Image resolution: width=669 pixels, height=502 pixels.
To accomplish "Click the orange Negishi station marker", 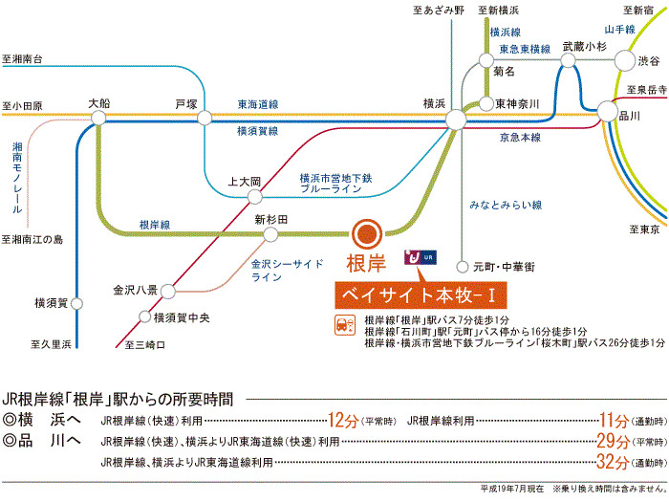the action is point(367,234).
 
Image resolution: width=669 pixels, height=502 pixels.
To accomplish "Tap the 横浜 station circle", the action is point(456,120).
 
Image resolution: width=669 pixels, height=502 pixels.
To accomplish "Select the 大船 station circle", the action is point(98,118).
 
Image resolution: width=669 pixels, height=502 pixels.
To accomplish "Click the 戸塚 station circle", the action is point(205,118).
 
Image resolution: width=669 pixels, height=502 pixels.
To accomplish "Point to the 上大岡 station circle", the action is point(255,197).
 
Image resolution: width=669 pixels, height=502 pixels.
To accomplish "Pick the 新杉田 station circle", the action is point(270,234).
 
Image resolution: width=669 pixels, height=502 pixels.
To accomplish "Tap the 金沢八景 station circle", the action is point(167,292).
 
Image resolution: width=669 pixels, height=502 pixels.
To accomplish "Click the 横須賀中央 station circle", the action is point(145,316).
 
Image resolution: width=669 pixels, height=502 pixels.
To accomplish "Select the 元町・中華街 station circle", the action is point(462,267).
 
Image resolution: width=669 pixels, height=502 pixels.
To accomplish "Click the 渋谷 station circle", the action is point(625,60).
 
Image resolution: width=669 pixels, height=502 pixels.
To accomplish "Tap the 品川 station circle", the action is point(607,112).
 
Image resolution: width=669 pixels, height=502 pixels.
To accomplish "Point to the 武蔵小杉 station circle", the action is point(568,60).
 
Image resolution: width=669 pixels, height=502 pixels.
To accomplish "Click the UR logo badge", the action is point(421,257).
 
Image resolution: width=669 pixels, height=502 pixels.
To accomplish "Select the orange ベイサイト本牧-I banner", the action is point(421,295).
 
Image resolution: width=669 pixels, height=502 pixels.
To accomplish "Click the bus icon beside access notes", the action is point(345,326).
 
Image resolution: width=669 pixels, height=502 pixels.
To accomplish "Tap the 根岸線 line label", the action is point(155,225).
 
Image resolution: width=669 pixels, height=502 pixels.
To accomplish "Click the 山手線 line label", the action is point(619,30).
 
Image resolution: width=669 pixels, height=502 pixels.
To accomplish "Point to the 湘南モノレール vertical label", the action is point(17,178).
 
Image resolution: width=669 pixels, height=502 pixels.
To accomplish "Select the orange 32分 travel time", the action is point(613,462).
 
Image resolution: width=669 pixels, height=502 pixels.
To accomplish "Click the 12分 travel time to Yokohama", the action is point(343,421).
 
